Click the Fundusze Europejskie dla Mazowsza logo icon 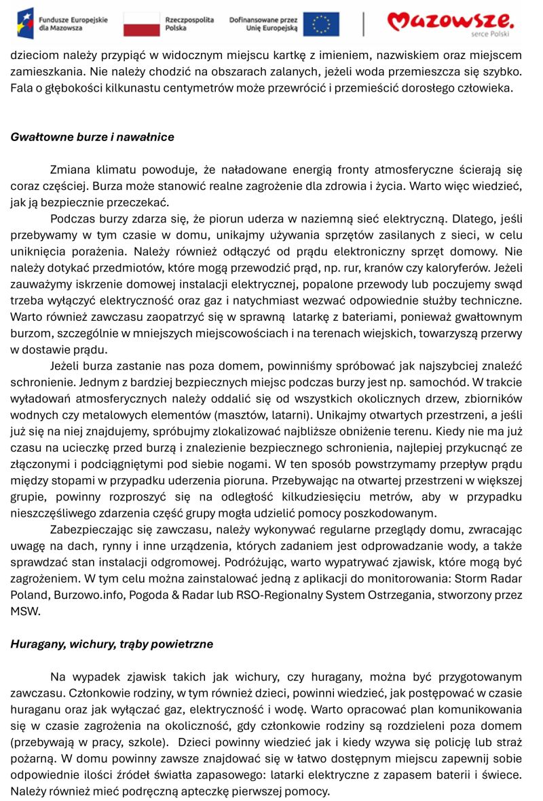click(x=25, y=23)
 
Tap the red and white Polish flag click(x=141, y=24)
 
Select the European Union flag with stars click(x=321, y=24)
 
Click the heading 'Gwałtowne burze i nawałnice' click(x=92, y=137)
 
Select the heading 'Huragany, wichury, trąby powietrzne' click(x=111, y=644)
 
